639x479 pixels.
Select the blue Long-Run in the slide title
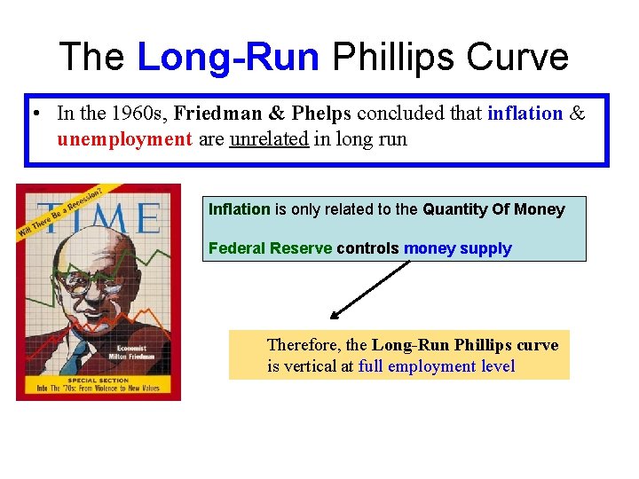[229, 58]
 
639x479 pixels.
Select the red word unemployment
[124, 138]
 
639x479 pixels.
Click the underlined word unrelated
[269, 138]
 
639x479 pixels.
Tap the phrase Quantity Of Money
[493, 209]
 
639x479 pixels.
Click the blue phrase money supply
[457, 248]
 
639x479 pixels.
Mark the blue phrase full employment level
[437, 366]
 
